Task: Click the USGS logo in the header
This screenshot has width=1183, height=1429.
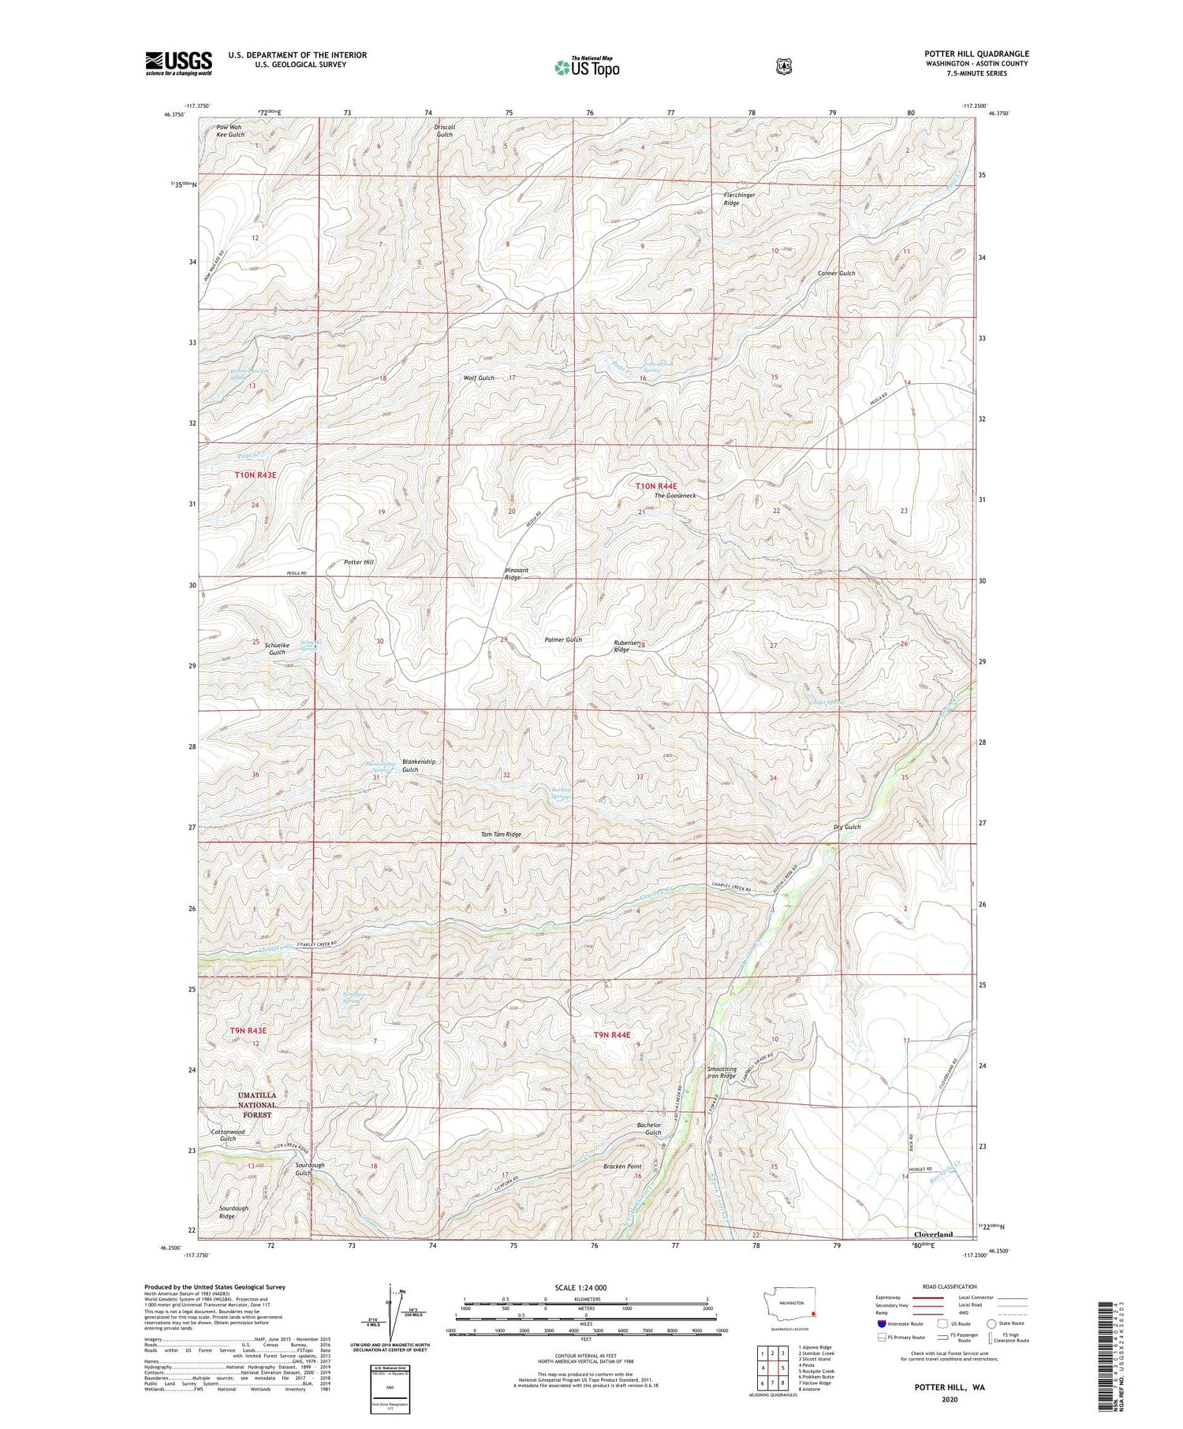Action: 178,63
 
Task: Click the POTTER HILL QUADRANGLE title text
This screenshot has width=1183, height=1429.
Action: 976,54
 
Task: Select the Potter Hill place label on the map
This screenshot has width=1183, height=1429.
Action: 359,562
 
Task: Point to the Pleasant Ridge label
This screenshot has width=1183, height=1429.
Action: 517,574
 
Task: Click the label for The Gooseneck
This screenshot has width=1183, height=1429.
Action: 674,495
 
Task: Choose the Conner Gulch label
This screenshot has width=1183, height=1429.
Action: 836,273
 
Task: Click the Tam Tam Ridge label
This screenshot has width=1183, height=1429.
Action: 501,834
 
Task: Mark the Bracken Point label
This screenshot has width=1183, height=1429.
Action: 622,1166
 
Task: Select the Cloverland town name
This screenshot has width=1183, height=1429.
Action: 932,1234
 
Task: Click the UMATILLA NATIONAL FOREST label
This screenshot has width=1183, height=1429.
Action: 257,1105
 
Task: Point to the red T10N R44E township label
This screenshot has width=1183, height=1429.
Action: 656,486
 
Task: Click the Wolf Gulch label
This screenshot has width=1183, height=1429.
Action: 479,378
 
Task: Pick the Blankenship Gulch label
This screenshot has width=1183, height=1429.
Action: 418,765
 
